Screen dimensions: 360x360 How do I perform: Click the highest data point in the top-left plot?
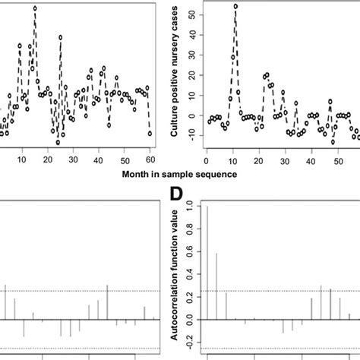(35, 8)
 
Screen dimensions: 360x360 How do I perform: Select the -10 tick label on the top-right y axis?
(191, 137)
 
